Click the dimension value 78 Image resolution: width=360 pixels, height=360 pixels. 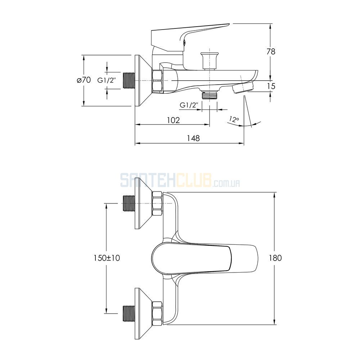pyautogui.click(x=271, y=51)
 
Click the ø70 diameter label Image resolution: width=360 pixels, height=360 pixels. pyautogui.click(x=84, y=80)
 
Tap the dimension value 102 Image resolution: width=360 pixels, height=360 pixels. pyautogui.click(x=174, y=120)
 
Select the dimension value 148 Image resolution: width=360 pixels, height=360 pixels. pyautogui.click(x=193, y=138)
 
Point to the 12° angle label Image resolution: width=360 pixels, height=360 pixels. pyautogui.click(x=234, y=119)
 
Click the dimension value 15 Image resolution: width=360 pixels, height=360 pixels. pyautogui.click(x=271, y=86)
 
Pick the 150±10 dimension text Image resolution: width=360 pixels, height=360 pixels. pyautogui.click(x=107, y=258)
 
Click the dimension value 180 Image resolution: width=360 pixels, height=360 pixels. pyautogui.click(x=275, y=258)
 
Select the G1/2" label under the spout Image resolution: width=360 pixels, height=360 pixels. pyautogui.click(x=189, y=105)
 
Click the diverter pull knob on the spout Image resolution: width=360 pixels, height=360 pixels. pyautogui.click(x=209, y=60)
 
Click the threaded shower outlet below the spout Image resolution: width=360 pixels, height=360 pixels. pyautogui.click(x=209, y=94)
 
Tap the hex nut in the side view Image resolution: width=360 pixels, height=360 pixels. pyautogui.click(x=157, y=81)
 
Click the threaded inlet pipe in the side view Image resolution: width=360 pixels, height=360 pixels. pyautogui.click(x=129, y=81)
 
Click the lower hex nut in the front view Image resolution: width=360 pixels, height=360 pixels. pyautogui.click(x=157, y=314)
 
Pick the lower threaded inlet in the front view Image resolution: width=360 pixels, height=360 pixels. pyautogui.click(x=129, y=314)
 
